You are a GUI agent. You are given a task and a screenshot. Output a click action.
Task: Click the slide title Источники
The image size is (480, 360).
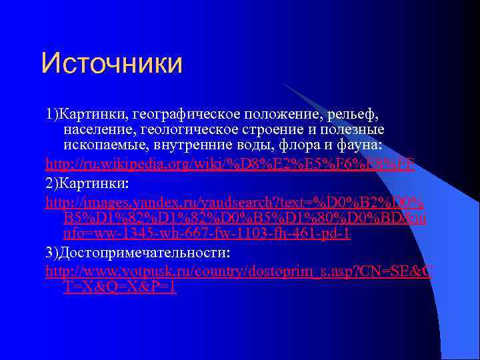tap(111, 63)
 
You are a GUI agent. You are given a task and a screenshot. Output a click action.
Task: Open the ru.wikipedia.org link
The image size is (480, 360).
tap(229, 163)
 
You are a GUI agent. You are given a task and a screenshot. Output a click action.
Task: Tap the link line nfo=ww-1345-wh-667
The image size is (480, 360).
tap(207, 234)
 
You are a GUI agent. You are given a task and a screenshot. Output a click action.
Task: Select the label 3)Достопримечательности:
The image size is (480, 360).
tap(137, 254)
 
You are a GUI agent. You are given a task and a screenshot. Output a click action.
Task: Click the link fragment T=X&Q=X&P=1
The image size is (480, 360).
tap(120, 288)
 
